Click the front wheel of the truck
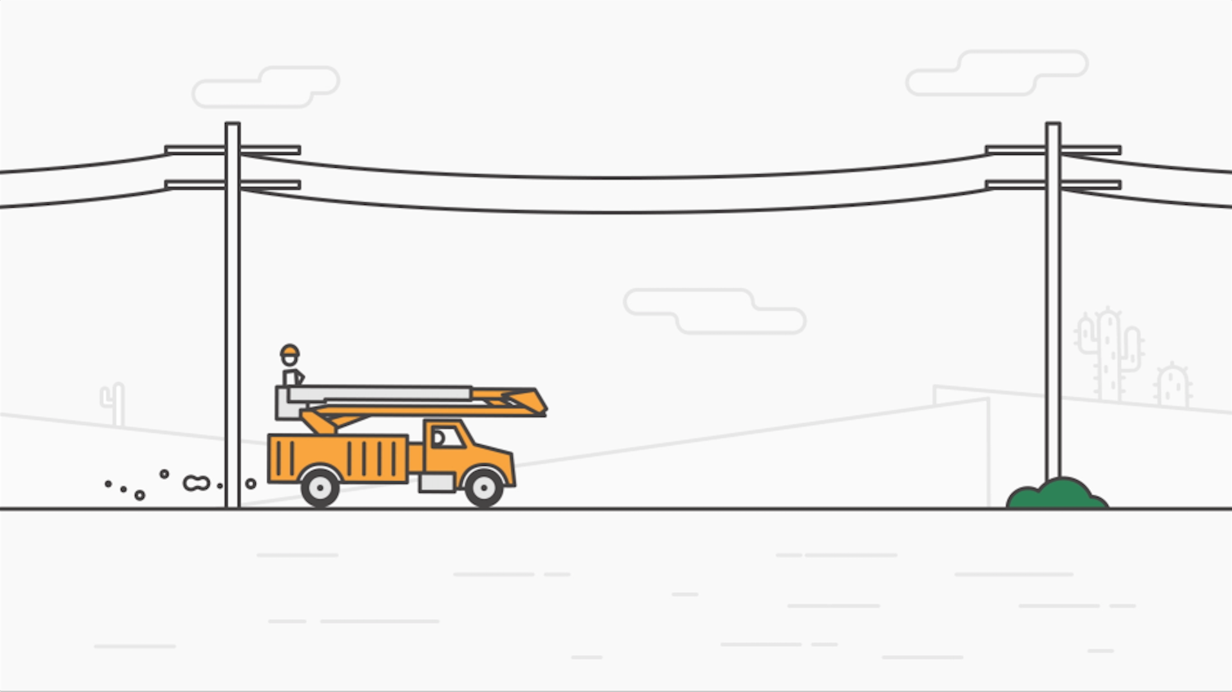[484, 488]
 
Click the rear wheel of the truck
[320, 488]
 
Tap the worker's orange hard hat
[290, 351]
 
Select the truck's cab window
[448, 437]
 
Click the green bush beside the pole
[1057, 495]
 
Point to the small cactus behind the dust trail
[114, 403]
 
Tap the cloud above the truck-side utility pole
[266, 86]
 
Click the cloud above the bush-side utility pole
[997, 73]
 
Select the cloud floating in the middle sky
[714, 311]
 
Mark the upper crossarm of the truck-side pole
[233, 150]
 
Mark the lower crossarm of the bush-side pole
[1053, 185]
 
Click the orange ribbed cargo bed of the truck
[338, 457]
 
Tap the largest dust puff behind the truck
[197, 483]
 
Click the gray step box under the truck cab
[436, 483]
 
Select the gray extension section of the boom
[380, 394]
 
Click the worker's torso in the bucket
[291, 377]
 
